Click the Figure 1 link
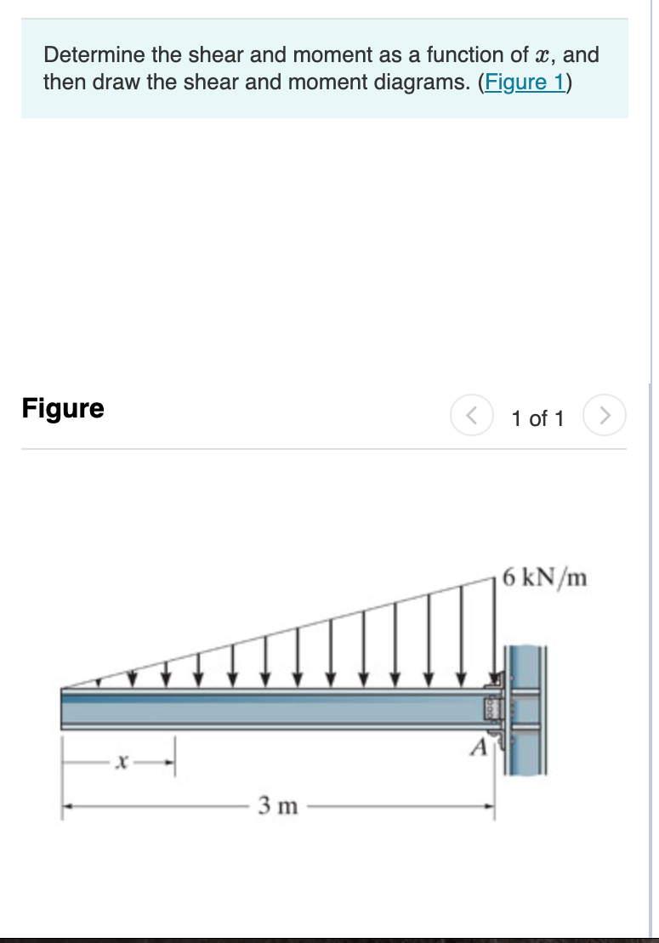(x=525, y=82)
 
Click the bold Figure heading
(x=63, y=408)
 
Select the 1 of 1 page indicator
(x=537, y=418)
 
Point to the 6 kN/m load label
(x=544, y=578)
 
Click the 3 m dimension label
(x=278, y=804)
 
